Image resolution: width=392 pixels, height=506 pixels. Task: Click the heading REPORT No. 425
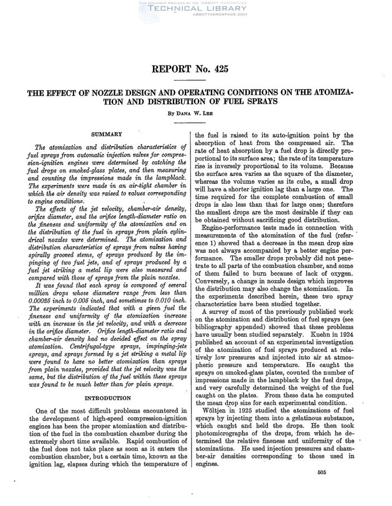tap(195, 69)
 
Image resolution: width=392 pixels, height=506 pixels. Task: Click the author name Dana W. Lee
tap(195, 112)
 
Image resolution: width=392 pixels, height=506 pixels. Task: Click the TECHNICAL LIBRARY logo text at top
tap(195, 10)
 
